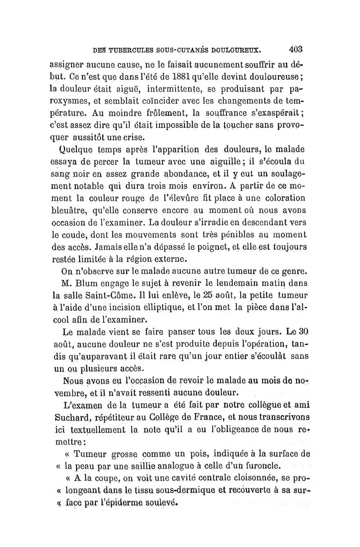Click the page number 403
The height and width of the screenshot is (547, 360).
pyautogui.click(x=292, y=49)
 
